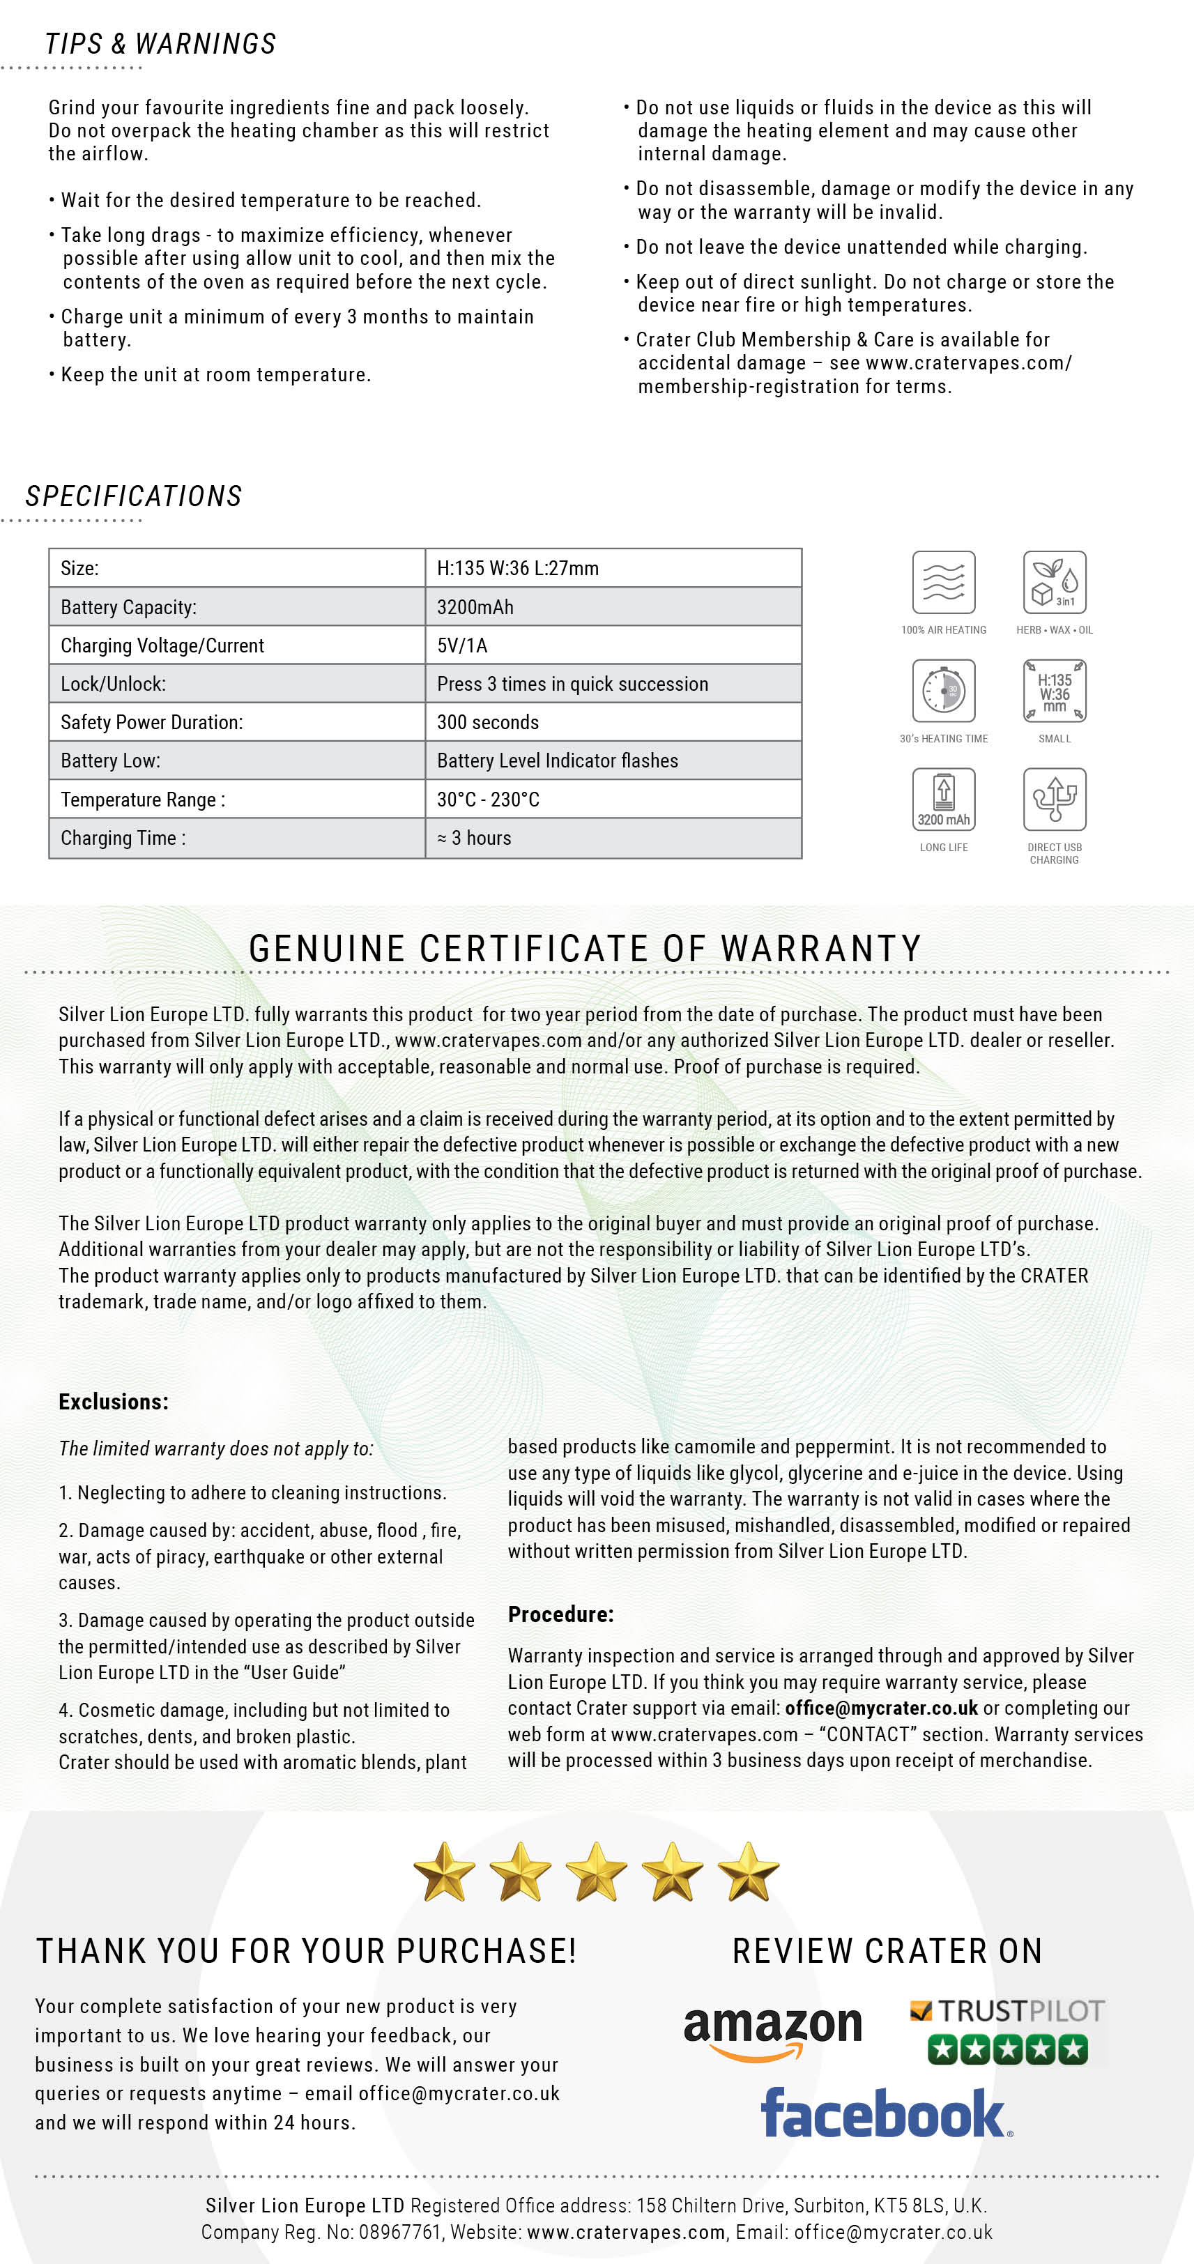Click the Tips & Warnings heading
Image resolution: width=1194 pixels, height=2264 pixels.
(x=161, y=44)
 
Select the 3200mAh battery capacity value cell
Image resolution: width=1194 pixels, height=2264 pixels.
(x=475, y=607)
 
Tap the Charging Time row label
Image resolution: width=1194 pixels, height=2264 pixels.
(x=123, y=839)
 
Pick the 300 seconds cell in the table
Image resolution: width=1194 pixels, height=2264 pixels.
(x=488, y=722)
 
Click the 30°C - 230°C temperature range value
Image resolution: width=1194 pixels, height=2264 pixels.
(x=489, y=800)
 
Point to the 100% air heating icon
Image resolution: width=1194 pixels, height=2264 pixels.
(x=944, y=583)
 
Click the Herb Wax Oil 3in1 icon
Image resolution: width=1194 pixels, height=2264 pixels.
(x=1055, y=583)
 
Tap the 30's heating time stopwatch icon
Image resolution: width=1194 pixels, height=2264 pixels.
(x=944, y=691)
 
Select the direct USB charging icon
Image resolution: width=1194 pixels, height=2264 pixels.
(x=1055, y=799)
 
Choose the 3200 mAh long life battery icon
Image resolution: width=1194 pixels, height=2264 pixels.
(x=944, y=799)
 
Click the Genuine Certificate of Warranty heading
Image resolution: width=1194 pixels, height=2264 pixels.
(x=585, y=948)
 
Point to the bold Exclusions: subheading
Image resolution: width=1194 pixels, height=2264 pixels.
(x=114, y=1402)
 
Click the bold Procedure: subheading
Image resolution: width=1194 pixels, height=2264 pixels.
(x=560, y=1614)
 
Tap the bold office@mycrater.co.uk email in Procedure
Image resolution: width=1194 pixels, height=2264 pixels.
(x=881, y=1708)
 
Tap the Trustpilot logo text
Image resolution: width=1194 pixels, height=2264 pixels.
(x=1019, y=2011)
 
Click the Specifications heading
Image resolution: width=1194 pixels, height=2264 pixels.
(x=134, y=496)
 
